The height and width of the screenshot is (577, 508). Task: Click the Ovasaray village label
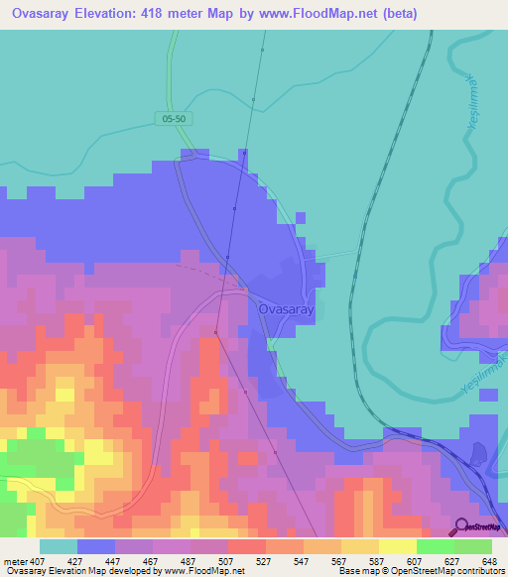click(286, 309)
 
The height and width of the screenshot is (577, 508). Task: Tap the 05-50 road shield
click(174, 119)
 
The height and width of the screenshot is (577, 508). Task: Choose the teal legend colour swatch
click(58, 546)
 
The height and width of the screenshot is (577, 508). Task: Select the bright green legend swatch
click(435, 546)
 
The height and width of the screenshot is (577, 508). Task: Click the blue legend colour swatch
click(95, 546)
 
